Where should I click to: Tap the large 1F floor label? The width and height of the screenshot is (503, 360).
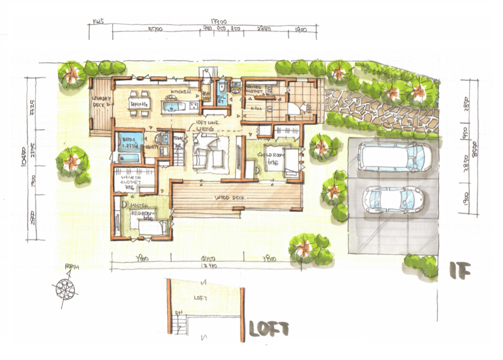pyautogui.click(x=460, y=271)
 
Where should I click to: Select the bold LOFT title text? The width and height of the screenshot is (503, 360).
pyautogui.click(x=269, y=329)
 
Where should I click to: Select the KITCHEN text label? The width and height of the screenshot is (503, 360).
pyautogui.click(x=179, y=92)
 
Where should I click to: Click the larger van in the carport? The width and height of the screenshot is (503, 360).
pyautogui.click(x=393, y=156)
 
